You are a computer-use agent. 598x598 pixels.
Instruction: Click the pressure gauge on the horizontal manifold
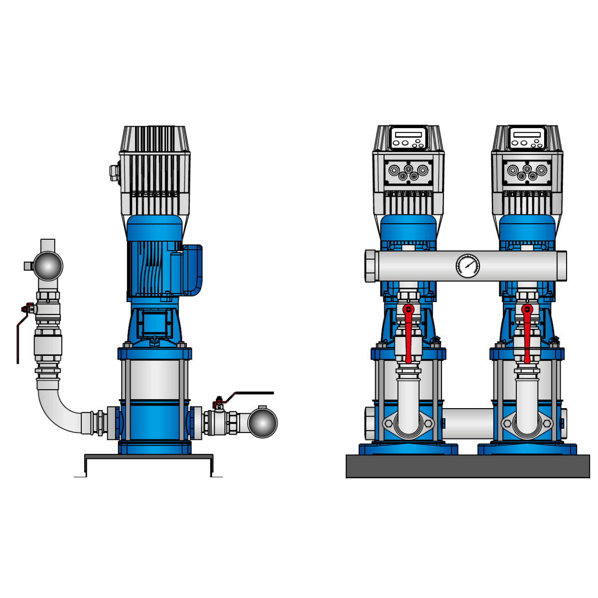tap(467, 266)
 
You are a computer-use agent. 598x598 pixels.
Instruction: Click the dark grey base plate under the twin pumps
tap(467, 466)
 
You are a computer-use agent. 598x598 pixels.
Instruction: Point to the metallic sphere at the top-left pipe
tap(48, 266)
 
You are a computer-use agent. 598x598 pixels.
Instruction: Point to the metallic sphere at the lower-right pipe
tap(262, 423)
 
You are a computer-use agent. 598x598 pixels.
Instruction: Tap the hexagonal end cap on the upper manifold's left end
tap(370, 266)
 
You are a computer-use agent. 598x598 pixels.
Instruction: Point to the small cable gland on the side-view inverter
tap(114, 172)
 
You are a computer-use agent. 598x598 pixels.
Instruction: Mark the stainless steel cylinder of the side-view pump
tap(154, 379)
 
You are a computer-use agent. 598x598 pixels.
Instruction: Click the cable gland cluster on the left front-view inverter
tap(408, 172)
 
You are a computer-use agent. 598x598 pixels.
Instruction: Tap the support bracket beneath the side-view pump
tap(149, 457)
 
